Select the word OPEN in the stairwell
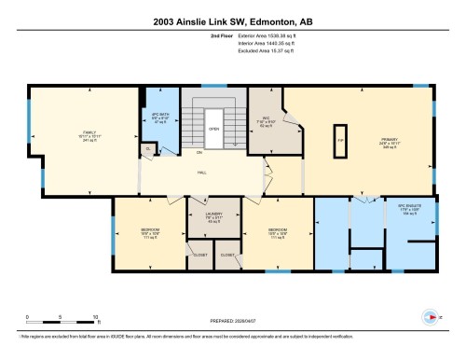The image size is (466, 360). coord(213,130)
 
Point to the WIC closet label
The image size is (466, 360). coord(264,121)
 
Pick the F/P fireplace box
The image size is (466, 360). coord(341,136)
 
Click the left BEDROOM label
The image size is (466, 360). coord(147,233)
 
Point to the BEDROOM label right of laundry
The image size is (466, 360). coord(277,233)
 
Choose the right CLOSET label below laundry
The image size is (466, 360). coord(227,254)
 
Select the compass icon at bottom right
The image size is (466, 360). coord(431,315)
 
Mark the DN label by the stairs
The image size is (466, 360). coord(198,152)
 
